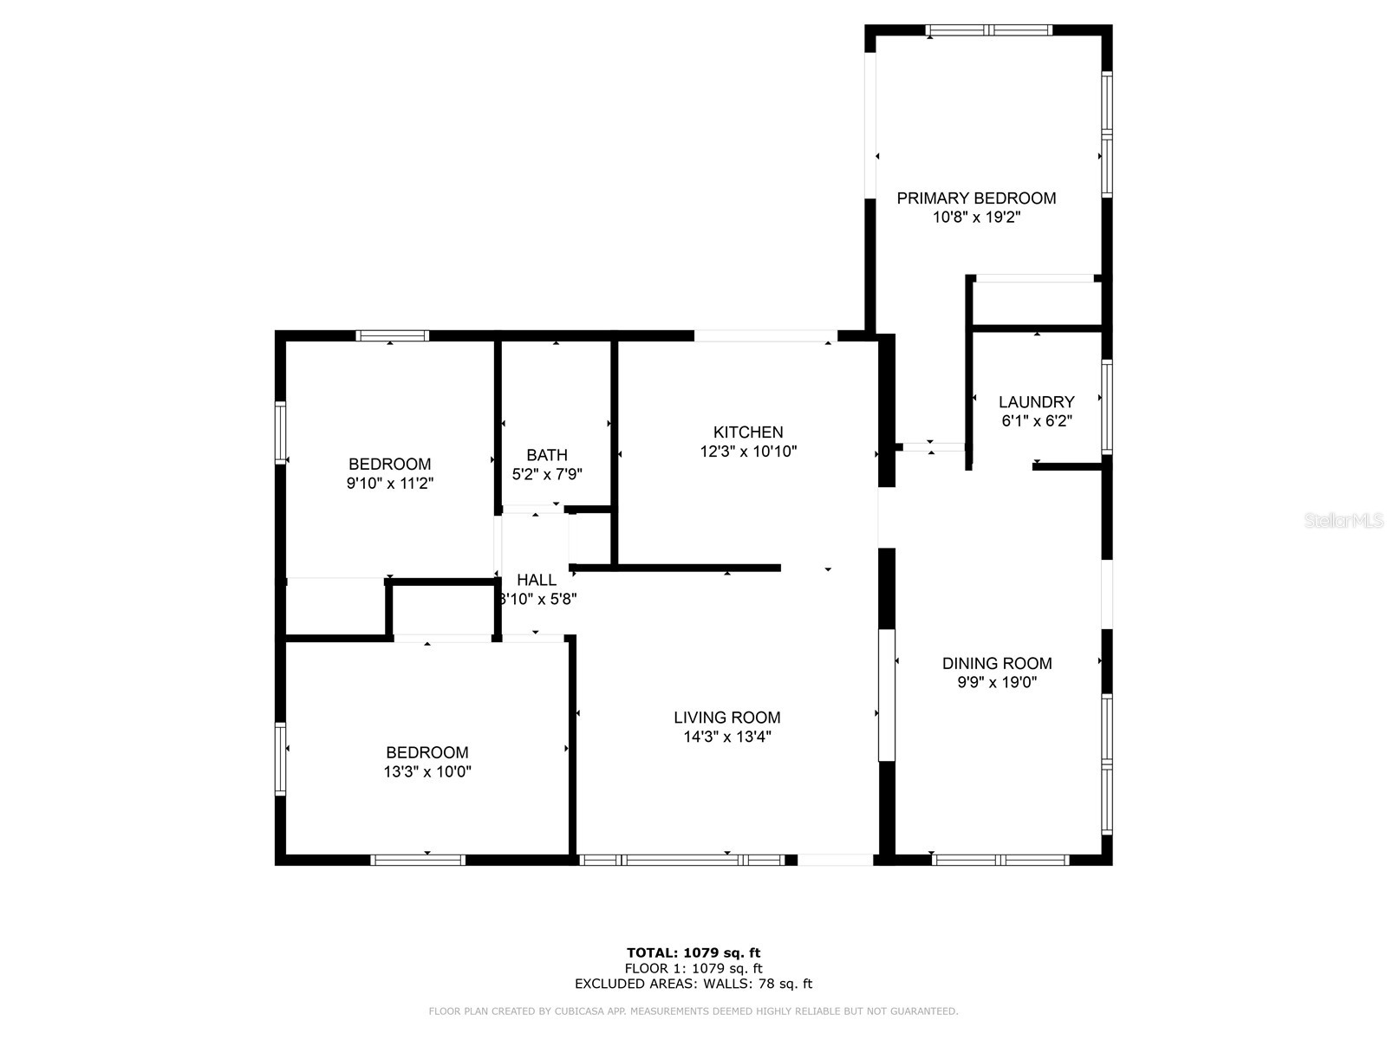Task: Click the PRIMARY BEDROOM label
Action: coord(976,198)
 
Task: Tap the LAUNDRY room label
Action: coord(1036,402)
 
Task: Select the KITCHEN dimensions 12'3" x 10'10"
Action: coord(748,452)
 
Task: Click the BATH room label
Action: coord(547,455)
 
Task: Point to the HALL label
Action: coord(537,580)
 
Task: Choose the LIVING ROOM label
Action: coord(726,718)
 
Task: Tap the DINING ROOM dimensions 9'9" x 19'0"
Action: coord(997,682)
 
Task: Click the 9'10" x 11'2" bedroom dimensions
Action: coord(390,484)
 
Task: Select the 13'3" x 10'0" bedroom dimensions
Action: coord(427,771)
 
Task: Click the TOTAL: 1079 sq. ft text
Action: coord(693,953)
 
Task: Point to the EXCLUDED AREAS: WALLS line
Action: coord(693,984)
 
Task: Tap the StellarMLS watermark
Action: coord(1344,521)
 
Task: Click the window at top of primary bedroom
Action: coord(988,30)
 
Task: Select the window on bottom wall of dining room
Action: coord(1000,860)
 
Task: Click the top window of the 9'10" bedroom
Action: coord(392,336)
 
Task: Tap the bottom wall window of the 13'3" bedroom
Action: coord(418,860)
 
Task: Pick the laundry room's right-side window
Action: coord(1106,406)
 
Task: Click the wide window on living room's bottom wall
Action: coord(681,860)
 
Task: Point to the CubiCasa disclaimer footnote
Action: coord(693,1011)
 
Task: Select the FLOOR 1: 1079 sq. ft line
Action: coord(693,969)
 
